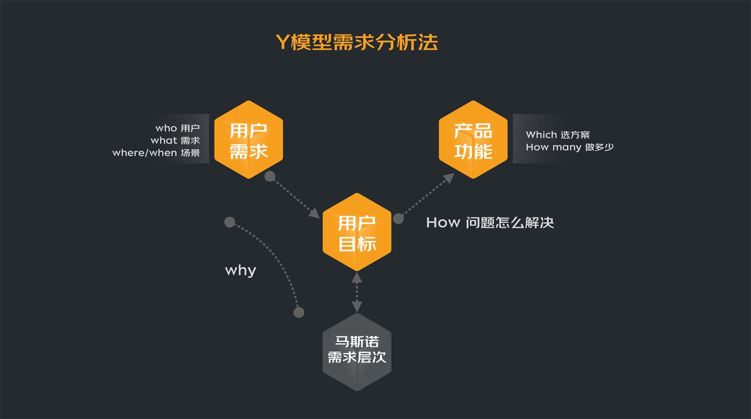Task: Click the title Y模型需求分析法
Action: click(356, 43)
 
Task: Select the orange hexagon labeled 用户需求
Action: click(249, 140)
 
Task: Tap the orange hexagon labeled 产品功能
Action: click(473, 140)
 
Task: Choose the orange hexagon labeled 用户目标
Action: click(357, 232)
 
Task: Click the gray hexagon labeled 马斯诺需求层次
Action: click(357, 351)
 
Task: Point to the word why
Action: click(241, 271)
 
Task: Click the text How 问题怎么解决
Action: click(490, 223)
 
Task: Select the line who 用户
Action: click(178, 128)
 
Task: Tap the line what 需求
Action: click(175, 141)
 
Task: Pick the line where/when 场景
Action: click(156, 153)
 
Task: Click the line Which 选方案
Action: click(558, 135)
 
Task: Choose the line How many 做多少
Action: click(570, 147)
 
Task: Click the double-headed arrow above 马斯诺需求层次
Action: click(357, 292)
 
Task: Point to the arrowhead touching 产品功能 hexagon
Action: click(449, 178)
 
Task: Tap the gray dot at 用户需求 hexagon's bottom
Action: click(270, 176)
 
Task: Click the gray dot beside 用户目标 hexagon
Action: click(399, 219)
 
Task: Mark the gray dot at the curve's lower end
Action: click(299, 313)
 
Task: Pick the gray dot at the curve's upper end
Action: click(230, 222)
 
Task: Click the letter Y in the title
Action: click(282, 43)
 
